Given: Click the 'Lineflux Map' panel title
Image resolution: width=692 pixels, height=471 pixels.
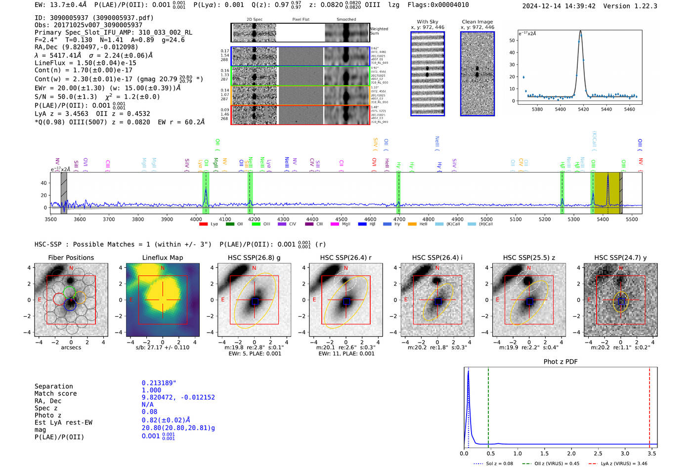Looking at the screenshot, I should coord(162,257).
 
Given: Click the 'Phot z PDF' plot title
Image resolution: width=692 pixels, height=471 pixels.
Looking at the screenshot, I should coord(561,362).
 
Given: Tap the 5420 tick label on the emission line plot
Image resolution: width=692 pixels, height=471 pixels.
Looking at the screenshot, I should coord(583,109).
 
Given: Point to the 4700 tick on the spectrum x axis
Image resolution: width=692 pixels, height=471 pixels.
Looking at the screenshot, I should coord(399,219).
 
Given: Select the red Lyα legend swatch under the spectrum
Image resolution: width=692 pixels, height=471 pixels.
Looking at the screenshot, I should coord(203,224).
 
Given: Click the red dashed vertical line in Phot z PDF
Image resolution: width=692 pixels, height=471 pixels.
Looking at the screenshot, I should coord(649,405).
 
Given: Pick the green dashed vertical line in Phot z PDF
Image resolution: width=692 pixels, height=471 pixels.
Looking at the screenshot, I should coord(488,405).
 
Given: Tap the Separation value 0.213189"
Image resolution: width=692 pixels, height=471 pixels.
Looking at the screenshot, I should coord(159,383).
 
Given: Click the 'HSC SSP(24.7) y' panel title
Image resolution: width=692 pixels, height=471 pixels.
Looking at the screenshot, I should coord(620,257).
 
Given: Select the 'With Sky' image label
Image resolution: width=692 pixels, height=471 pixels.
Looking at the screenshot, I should coord(428,22).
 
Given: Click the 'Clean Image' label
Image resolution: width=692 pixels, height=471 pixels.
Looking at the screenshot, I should coord(477,22).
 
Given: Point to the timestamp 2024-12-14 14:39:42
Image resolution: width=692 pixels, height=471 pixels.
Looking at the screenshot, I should coord(559,6).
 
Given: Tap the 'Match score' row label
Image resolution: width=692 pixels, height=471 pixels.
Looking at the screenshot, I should coord(55,394).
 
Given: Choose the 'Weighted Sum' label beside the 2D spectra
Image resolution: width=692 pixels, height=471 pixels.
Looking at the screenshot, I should coord(379,31).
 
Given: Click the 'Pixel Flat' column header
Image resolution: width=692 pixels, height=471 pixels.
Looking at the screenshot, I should coord(301,19).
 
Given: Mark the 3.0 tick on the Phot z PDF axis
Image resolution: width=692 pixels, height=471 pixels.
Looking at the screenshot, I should coord(625,453).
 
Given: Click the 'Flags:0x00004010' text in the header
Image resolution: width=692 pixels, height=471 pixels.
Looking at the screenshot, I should coord(438,5).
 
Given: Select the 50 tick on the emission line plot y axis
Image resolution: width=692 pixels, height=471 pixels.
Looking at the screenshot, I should coord(512,41).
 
